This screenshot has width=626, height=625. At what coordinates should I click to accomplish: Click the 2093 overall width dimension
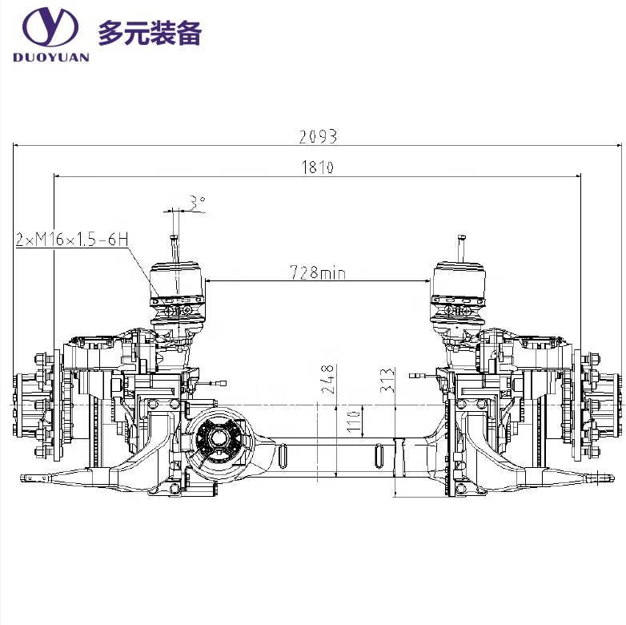coord(318,136)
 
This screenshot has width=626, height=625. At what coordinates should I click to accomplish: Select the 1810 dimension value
coord(317,167)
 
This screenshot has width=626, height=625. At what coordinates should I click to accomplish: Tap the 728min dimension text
coord(318,273)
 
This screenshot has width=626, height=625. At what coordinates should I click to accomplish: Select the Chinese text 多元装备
coord(150,33)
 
